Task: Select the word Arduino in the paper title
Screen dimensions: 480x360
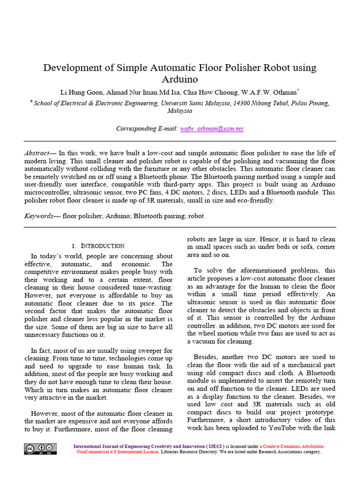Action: pos(180,79)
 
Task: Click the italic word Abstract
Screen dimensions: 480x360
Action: pos(37,153)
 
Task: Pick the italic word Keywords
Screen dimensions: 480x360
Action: pos(38,216)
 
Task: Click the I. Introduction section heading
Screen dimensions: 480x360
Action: pos(98,246)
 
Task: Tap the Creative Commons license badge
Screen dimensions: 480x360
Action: pos(41,449)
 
